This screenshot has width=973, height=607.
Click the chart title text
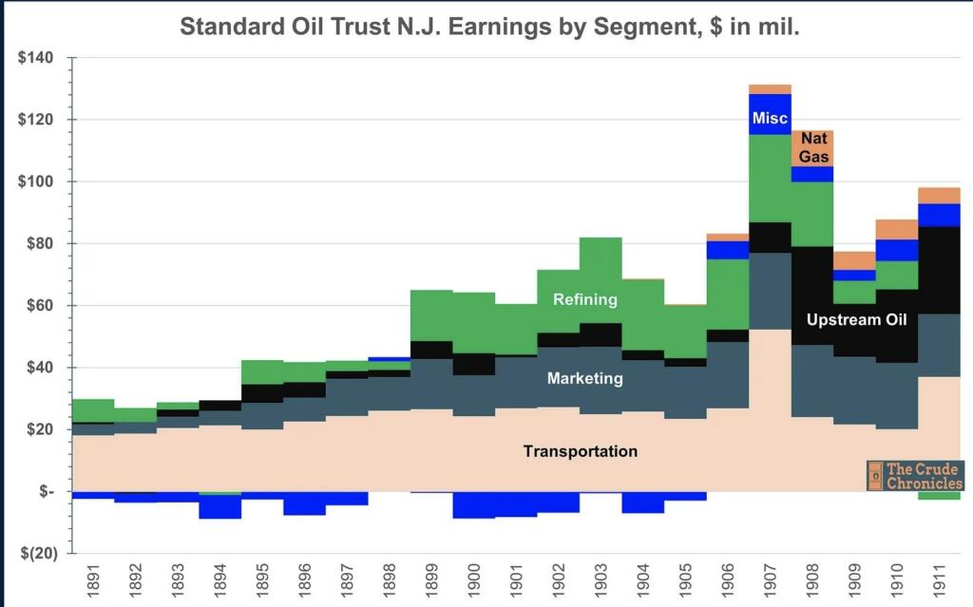coord(489,26)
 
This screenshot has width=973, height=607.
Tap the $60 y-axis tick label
coord(38,306)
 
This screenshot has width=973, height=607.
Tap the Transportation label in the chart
coord(580,451)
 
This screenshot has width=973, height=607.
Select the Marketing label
coord(585,378)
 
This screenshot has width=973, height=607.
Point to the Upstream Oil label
coord(856,320)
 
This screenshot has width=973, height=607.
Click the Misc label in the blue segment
coord(769,119)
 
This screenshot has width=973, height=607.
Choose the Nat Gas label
coord(812,148)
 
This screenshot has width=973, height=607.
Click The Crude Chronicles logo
coord(914,475)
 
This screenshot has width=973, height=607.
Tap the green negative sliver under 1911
coord(940,495)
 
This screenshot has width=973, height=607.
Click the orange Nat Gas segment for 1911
coord(940,196)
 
